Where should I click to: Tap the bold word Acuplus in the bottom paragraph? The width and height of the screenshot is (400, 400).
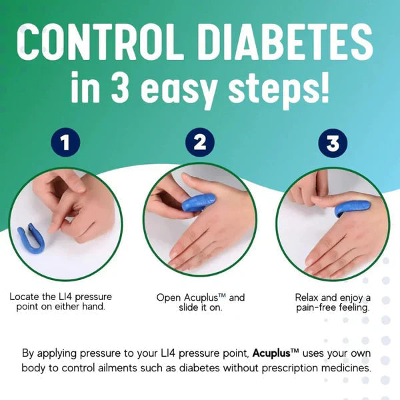[x=275, y=353]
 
